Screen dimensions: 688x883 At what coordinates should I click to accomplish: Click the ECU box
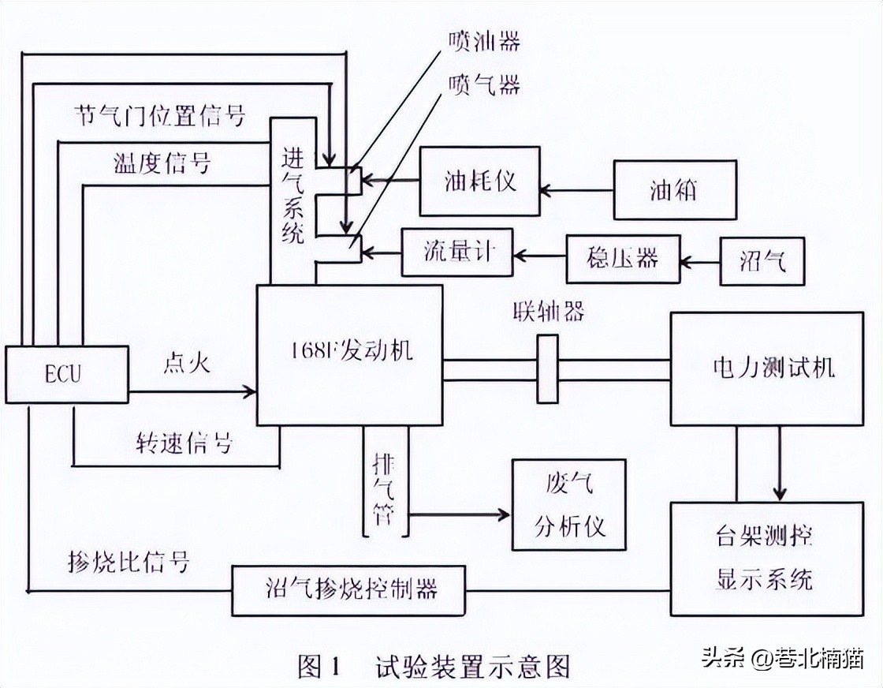pyautogui.click(x=66, y=374)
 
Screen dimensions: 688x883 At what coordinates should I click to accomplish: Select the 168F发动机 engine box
pyautogui.click(x=348, y=355)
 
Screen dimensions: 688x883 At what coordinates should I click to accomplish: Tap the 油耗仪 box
pyautogui.click(x=479, y=181)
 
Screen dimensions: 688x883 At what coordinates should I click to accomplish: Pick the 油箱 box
pyautogui.click(x=675, y=190)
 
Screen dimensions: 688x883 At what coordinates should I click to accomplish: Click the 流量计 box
pyautogui.click(x=457, y=253)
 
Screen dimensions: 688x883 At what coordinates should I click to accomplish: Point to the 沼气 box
pyautogui.click(x=762, y=261)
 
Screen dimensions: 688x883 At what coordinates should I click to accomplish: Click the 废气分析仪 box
pyautogui.click(x=568, y=505)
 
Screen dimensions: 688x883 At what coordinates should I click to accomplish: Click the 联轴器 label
pyautogui.click(x=546, y=311)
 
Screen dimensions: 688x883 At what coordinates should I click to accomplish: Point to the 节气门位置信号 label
pyautogui.click(x=158, y=116)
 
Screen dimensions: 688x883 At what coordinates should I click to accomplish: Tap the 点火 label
pyautogui.click(x=186, y=365)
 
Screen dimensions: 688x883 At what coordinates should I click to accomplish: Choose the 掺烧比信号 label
pyautogui.click(x=129, y=562)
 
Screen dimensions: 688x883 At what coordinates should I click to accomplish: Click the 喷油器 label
pyautogui.click(x=483, y=41)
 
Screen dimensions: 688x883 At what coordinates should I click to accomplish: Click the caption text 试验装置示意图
pyautogui.click(x=473, y=667)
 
